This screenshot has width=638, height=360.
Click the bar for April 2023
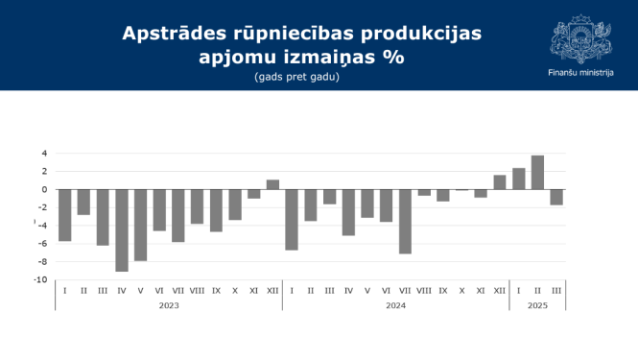(x=122, y=230)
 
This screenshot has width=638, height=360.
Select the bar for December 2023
(x=272, y=184)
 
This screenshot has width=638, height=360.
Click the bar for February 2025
(x=537, y=172)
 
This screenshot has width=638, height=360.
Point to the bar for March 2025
(x=556, y=197)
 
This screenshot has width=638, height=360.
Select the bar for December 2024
(x=499, y=182)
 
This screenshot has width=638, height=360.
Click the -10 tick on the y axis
(x=41, y=279)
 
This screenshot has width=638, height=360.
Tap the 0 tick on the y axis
(x=44, y=189)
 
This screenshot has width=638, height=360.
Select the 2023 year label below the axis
(x=169, y=305)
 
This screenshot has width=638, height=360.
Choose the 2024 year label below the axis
(x=395, y=305)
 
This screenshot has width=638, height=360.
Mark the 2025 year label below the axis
(x=537, y=305)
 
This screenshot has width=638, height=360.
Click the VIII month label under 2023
(x=197, y=290)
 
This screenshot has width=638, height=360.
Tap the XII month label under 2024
(x=499, y=290)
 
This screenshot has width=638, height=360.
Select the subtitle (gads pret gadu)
(x=297, y=76)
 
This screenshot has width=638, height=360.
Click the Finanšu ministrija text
(x=580, y=71)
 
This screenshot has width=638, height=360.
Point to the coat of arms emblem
(x=579, y=38)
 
